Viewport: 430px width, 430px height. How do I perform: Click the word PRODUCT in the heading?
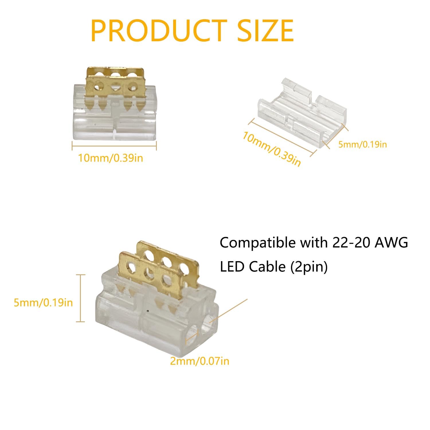[159, 31]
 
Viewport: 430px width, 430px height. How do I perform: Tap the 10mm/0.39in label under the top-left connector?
[111, 158]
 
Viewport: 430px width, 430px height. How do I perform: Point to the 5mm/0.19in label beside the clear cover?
[363, 144]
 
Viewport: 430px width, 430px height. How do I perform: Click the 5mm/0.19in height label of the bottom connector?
[43, 302]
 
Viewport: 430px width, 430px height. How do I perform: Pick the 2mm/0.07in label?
[200, 361]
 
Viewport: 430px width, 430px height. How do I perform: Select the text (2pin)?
[309, 267]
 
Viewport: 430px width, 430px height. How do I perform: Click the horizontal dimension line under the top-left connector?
[114, 146]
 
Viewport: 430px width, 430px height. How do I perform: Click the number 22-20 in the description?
[351, 243]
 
